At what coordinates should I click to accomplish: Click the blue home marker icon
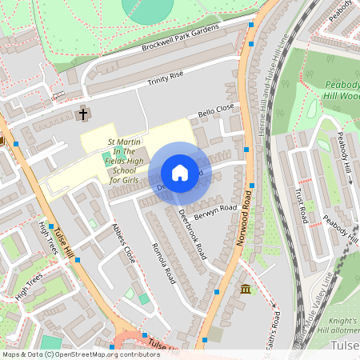click(179, 173)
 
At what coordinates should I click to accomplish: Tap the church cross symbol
click(82, 114)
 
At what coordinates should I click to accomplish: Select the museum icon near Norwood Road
click(245, 288)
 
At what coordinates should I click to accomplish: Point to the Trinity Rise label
click(166, 78)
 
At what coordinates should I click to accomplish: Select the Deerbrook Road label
click(193, 234)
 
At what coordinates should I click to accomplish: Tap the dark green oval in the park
click(147, 7)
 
